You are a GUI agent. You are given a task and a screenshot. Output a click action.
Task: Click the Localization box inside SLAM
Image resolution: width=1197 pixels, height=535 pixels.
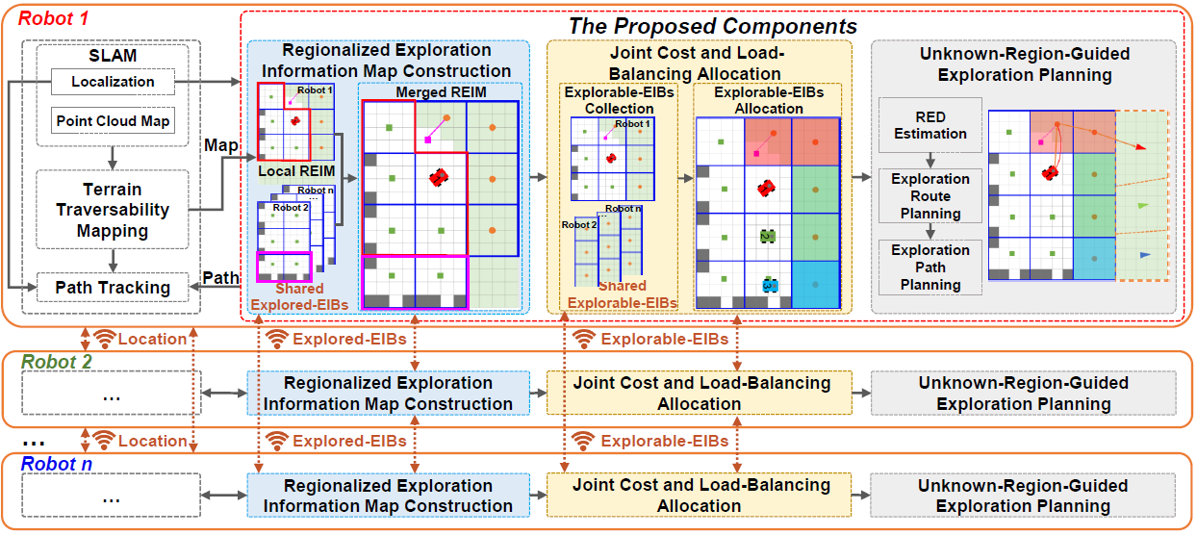tap(113, 82)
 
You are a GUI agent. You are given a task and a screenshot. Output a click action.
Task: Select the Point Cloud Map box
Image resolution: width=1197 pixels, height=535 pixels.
tap(113, 121)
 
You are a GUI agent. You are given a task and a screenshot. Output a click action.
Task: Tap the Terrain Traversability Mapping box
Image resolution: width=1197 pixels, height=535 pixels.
tap(113, 210)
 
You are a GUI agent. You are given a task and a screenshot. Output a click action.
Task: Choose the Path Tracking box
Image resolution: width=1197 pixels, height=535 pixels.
tap(113, 288)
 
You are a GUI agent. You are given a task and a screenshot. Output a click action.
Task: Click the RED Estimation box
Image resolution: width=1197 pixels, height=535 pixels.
tap(930, 125)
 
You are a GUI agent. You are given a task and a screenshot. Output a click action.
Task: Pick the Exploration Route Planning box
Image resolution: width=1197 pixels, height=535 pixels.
tap(930, 196)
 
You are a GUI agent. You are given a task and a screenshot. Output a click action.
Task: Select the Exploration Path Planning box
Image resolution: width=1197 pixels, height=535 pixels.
tap(930, 267)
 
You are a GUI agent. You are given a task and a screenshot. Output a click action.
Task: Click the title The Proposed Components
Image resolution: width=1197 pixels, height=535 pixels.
tap(712, 26)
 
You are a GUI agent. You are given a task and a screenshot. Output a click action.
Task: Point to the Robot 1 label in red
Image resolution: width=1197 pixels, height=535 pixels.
tap(53, 18)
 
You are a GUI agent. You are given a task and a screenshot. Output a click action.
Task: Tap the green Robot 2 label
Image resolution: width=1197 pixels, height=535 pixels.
tap(56, 362)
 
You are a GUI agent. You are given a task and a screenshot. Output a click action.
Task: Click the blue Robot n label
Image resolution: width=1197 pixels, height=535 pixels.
tap(56, 464)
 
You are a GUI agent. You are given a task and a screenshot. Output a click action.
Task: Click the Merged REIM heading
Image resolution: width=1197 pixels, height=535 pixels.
tap(441, 92)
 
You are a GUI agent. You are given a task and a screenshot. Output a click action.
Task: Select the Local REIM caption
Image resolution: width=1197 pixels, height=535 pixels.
tap(296, 171)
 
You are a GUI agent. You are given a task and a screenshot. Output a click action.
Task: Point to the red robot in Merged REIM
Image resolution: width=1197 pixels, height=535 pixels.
tap(439, 177)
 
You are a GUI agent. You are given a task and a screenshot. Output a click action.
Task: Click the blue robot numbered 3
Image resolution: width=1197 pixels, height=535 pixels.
tap(770, 286)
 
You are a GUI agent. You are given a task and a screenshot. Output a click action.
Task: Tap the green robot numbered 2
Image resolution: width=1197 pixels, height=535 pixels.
tap(767, 237)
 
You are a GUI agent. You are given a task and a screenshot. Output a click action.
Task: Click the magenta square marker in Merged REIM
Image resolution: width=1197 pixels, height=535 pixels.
tap(427, 140)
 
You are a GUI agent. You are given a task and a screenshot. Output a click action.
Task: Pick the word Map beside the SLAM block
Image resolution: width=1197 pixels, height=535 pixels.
tap(220, 145)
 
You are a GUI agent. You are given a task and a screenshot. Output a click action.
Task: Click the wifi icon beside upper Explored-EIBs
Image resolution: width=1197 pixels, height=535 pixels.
tap(277, 339)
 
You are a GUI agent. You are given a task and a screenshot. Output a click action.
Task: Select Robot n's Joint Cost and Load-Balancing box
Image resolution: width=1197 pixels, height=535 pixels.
tap(699, 496)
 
